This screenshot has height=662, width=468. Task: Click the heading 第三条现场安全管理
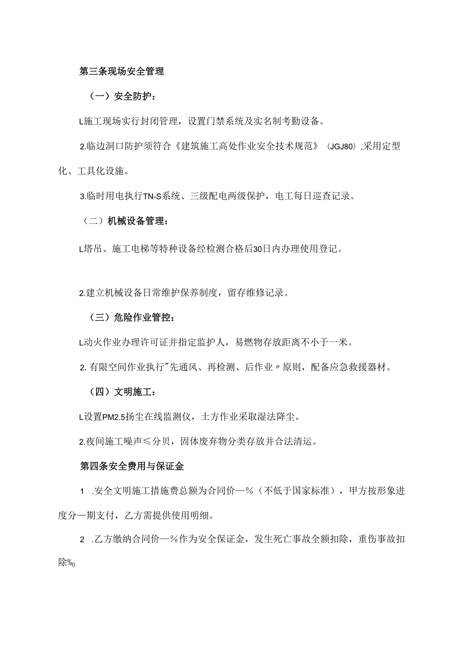(122, 72)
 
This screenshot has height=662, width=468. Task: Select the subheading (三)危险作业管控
(131, 318)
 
